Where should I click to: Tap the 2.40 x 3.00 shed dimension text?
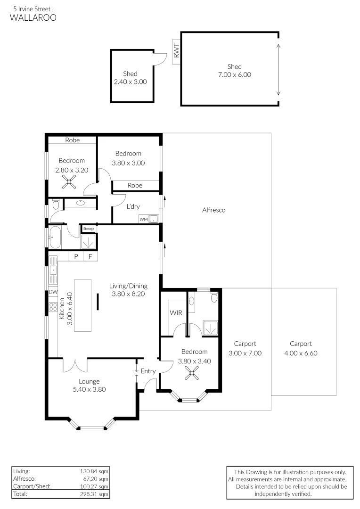[x=131, y=82]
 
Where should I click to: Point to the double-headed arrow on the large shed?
[x=278, y=69]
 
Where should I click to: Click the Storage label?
[x=89, y=229]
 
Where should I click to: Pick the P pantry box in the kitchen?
[x=75, y=256]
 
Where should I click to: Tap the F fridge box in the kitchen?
[x=90, y=256]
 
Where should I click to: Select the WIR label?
[x=175, y=312]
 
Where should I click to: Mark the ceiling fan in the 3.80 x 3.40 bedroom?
[x=191, y=375]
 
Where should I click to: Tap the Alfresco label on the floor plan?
[x=214, y=210]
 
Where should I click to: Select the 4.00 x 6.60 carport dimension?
[x=301, y=353]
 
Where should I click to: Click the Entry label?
[x=148, y=371]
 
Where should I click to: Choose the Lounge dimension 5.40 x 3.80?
[x=90, y=389]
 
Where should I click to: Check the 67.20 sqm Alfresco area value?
[x=96, y=478]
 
